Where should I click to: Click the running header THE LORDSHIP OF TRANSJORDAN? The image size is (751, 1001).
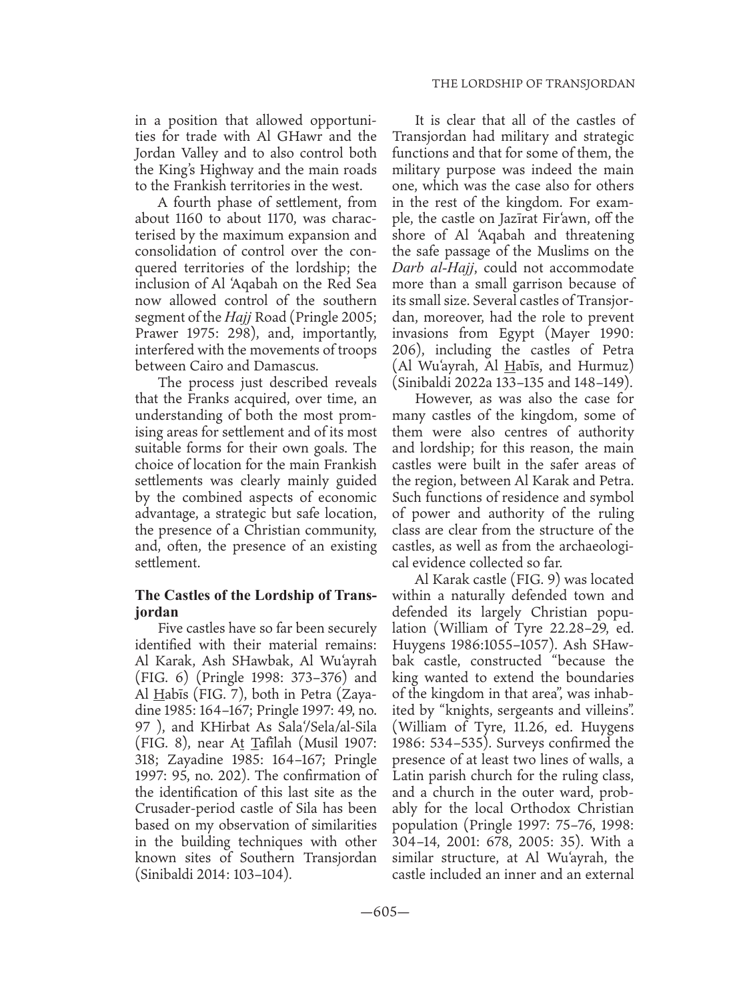click(x=532, y=84)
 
